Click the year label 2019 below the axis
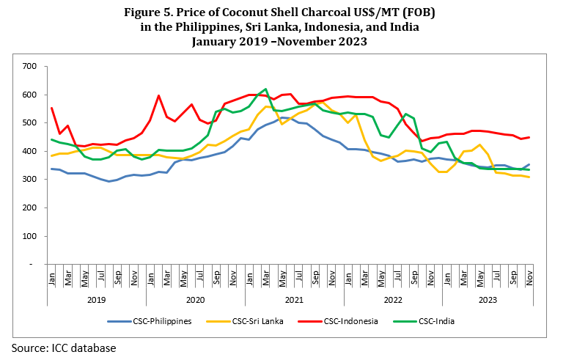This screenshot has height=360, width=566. [x=96, y=299]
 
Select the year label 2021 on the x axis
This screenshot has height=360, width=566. [x=293, y=299]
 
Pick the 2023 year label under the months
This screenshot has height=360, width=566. [x=486, y=299]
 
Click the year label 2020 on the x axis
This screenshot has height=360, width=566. [x=195, y=299]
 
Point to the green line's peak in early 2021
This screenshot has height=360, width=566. [x=265, y=89]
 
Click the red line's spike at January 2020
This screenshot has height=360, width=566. [x=158, y=95]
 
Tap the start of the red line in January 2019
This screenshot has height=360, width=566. [x=52, y=108]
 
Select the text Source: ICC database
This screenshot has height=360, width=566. [x=63, y=347]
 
